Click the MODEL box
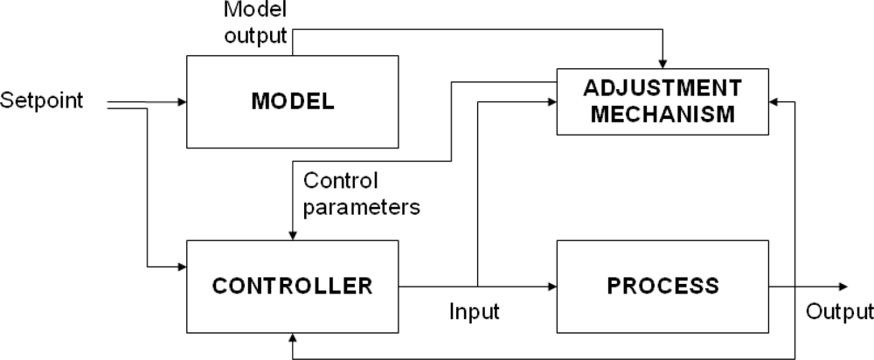coord(293,100)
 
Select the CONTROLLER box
coord(293,285)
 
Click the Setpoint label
coord(42,100)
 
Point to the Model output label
coord(255,24)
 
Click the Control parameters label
coord(361,194)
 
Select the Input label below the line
coord(475,311)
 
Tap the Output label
coord(839,312)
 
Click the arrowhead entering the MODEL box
coord(182,101)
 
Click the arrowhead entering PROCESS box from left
coord(551,285)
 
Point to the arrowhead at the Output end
coord(843,285)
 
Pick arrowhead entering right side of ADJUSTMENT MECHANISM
coord(774,101)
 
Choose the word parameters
coord(361,207)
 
